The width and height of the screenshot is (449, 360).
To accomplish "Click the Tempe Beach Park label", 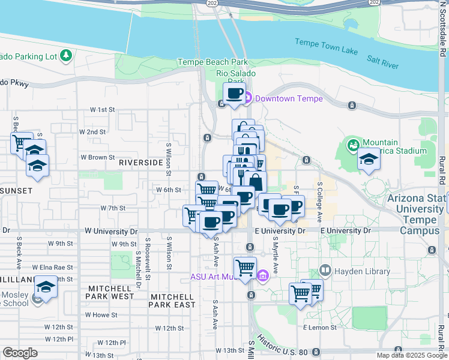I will tap(212, 62).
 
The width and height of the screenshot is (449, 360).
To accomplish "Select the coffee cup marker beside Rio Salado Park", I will tap(234, 94).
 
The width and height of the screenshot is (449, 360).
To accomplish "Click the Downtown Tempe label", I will tap(288, 99).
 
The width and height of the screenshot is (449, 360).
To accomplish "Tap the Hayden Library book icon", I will tap(325, 271).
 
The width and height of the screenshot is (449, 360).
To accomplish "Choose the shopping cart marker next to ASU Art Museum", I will tap(245, 267).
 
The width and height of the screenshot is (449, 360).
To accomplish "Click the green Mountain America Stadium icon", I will tap(354, 145).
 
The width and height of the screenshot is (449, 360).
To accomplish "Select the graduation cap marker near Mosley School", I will tap(45, 287).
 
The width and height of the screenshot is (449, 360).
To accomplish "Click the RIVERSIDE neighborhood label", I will tap(141, 163).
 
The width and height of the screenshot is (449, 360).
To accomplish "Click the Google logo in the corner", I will tap(20, 353).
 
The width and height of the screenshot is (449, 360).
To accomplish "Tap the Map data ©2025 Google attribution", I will tap(411, 355).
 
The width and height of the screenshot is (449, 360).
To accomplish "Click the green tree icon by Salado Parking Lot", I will tap(65, 57).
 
